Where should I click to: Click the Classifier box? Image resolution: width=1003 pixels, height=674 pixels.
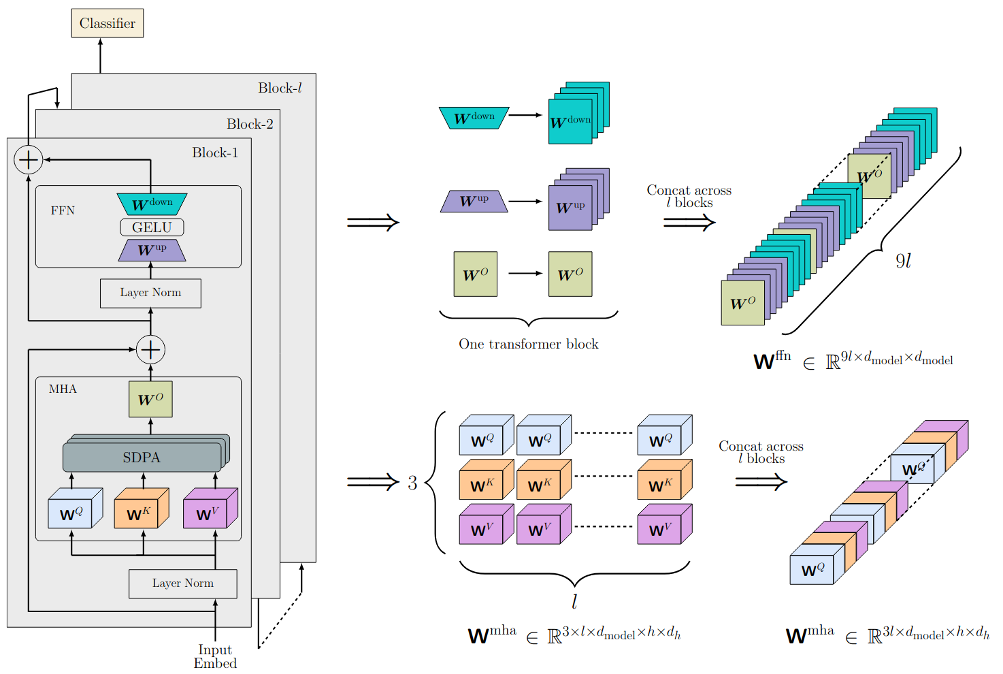click(x=108, y=23)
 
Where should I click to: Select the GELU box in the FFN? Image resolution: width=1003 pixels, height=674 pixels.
click(x=152, y=227)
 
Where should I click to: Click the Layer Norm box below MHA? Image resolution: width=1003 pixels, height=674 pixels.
click(x=182, y=583)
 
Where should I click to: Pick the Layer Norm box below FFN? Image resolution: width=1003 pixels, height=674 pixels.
click(x=150, y=293)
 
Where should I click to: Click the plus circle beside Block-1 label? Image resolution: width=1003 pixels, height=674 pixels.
click(x=28, y=159)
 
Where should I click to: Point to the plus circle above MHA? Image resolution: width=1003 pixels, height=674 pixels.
click(x=150, y=349)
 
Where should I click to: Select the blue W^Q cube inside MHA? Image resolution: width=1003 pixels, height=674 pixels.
click(x=76, y=508)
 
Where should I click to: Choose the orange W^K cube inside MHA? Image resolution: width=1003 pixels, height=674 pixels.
click(x=142, y=508)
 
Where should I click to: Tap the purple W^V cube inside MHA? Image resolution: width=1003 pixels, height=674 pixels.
click(x=210, y=508)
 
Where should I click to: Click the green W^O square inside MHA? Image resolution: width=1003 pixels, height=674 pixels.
click(x=150, y=399)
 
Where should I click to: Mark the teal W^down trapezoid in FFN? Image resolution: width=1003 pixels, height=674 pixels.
click(x=152, y=204)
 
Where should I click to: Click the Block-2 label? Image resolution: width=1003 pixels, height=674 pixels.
click(x=250, y=124)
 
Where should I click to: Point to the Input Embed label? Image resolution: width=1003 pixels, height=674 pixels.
click(x=215, y=656)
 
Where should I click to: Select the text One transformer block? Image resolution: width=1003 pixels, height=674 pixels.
click(x=528, y=344)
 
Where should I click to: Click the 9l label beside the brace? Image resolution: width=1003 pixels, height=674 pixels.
click(x=903, y=261)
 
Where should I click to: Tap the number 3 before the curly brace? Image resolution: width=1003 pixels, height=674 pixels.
click(x=412, y=483)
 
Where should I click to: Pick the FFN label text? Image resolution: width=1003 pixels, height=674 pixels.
click(x=63, y=210)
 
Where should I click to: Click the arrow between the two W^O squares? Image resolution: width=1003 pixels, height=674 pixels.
click(x=525, y=274)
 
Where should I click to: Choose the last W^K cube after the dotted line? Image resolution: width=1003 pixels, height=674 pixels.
click(x=665, y=479)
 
